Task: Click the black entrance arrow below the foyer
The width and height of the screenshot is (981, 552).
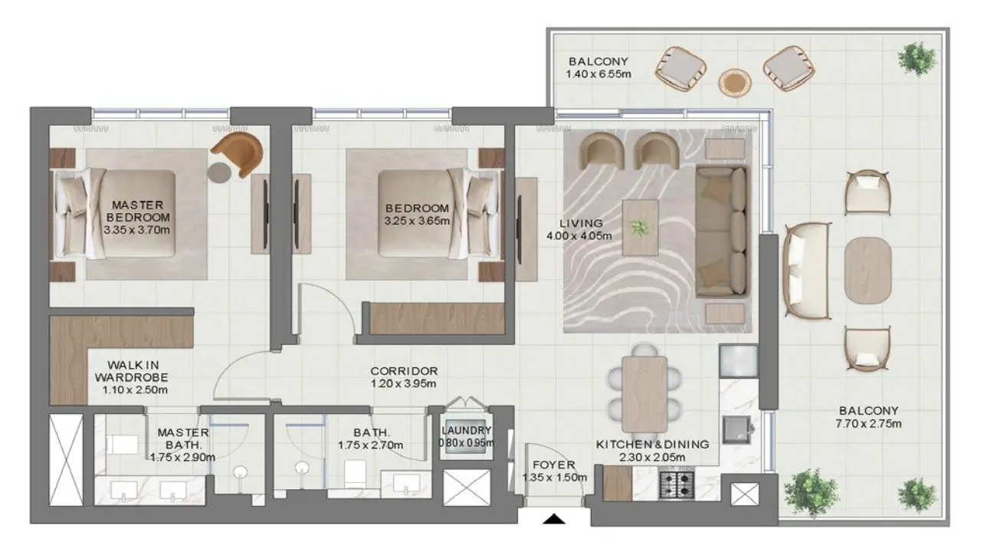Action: tap(554, 519)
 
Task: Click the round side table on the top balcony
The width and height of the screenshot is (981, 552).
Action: tap(735, 82)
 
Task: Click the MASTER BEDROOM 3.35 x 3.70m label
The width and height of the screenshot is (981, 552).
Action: tap(137, 217)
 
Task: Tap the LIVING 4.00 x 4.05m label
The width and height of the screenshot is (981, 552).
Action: tap(579, 229)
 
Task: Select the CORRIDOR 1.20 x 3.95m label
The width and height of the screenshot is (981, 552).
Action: tap(404, 377)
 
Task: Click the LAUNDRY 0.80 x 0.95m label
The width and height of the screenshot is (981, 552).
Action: tap(467, 436)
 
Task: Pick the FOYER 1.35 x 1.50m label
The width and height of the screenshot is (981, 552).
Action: tap(554, 471)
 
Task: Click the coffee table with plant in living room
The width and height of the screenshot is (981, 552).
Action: tap(640, 228)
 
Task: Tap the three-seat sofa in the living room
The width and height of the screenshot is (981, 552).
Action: tap(722, 231)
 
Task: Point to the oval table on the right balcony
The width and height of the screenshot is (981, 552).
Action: tap(868, 271)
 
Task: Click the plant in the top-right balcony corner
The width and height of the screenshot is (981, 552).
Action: tap(916, 59)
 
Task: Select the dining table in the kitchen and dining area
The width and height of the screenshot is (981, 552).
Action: tap(645, 394)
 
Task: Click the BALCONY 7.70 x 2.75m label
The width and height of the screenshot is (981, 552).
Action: tap(868, 417)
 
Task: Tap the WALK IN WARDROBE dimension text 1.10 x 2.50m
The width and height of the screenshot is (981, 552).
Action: tap(135, 390)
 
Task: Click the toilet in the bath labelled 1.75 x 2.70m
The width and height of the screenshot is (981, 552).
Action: tap(355, 474)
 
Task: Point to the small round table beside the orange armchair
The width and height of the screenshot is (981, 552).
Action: tap(219, 172)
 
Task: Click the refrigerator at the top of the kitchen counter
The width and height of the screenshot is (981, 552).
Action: tap(738, 361)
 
